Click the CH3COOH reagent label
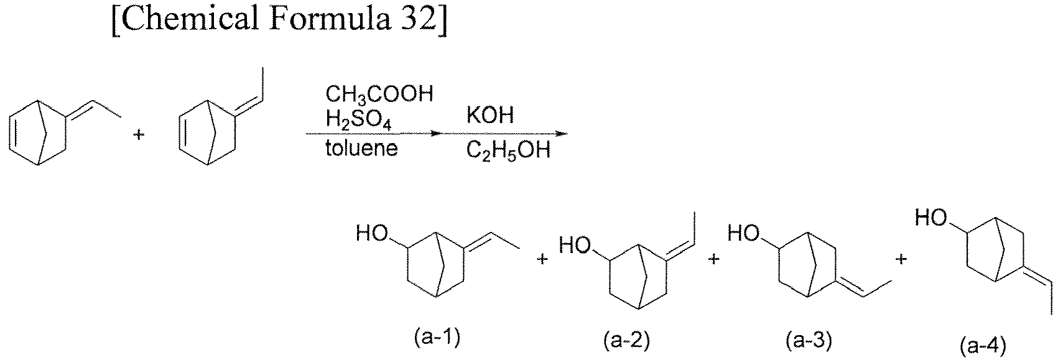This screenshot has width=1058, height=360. (379, 95)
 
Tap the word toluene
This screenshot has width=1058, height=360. (361, 149)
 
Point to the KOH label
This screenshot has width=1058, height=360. (490, 115)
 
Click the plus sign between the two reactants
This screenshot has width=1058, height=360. (138, 135)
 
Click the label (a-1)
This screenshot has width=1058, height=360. (437, 338)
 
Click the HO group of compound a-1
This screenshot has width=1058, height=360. (372, 233)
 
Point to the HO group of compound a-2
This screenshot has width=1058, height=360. (575, 245)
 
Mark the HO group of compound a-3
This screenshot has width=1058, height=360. (743, 233)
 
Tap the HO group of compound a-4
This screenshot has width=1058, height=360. (931, 218)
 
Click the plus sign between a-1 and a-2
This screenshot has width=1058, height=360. (542, 259)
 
